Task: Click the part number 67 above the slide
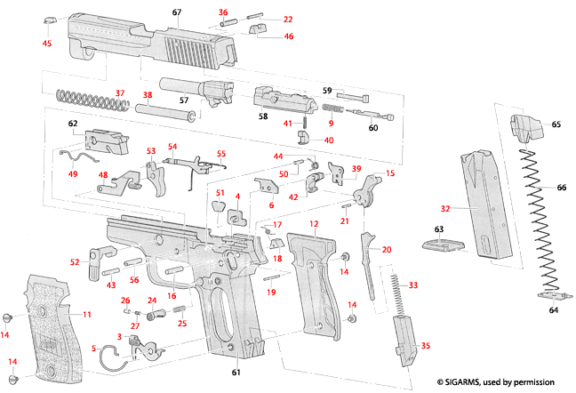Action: [176, 12]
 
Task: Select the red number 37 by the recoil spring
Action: [120, 93]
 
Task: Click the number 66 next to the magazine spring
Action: [561, 188]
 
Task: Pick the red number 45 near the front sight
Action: [47, 44]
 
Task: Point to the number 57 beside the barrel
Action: [184, 100]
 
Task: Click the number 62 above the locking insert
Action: [73, 123]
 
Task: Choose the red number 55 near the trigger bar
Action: [221, 153]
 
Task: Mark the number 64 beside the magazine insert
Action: [554, 310]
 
